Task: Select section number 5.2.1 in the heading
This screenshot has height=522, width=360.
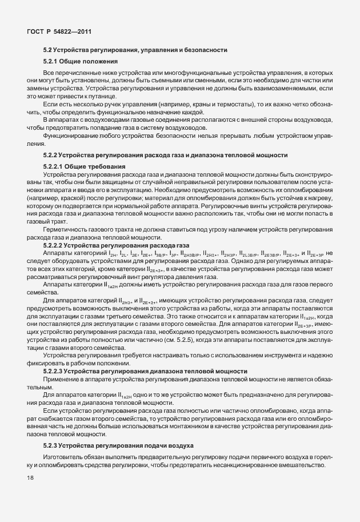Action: point(52,61)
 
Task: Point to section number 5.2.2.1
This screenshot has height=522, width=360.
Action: point(56,166)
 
